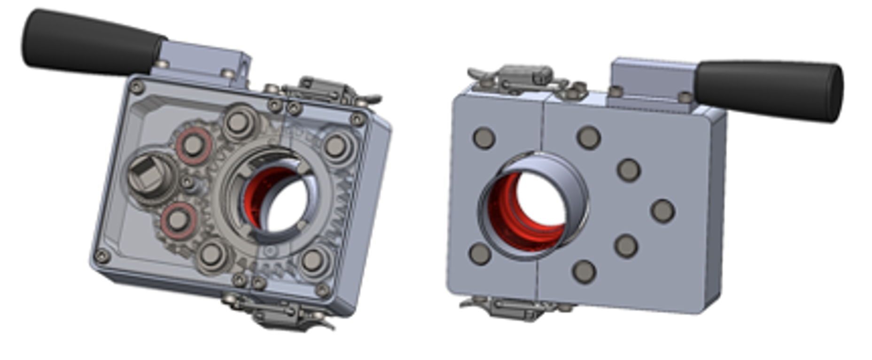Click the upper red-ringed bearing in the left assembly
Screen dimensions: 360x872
tap(193, 145)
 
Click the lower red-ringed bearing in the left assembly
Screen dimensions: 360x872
tap(178, 220)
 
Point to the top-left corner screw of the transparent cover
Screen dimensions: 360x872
tap(137, 86)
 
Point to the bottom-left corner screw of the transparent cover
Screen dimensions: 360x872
tap(102, 256)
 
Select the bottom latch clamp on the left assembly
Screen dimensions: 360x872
tap(277, 313)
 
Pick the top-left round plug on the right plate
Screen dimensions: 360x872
tap(484, 138)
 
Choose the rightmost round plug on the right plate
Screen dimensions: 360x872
tap(663, 211)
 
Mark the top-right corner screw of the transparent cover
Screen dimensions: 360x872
tap(358, 119)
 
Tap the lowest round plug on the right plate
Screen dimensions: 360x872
tap(584, 271)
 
